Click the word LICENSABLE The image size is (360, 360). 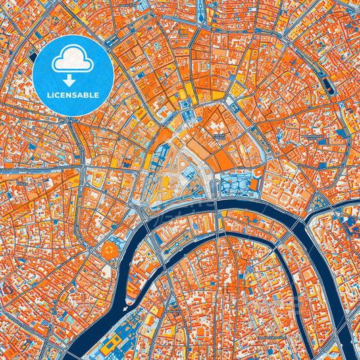point(73,95)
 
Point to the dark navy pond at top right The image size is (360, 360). point(329,84)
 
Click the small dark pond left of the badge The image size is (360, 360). point(32,57)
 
